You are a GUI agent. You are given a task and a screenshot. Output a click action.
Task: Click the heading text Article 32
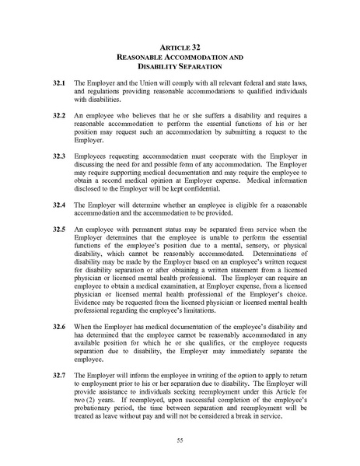(180, 47)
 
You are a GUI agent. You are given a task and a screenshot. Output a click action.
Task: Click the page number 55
(180, 440)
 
